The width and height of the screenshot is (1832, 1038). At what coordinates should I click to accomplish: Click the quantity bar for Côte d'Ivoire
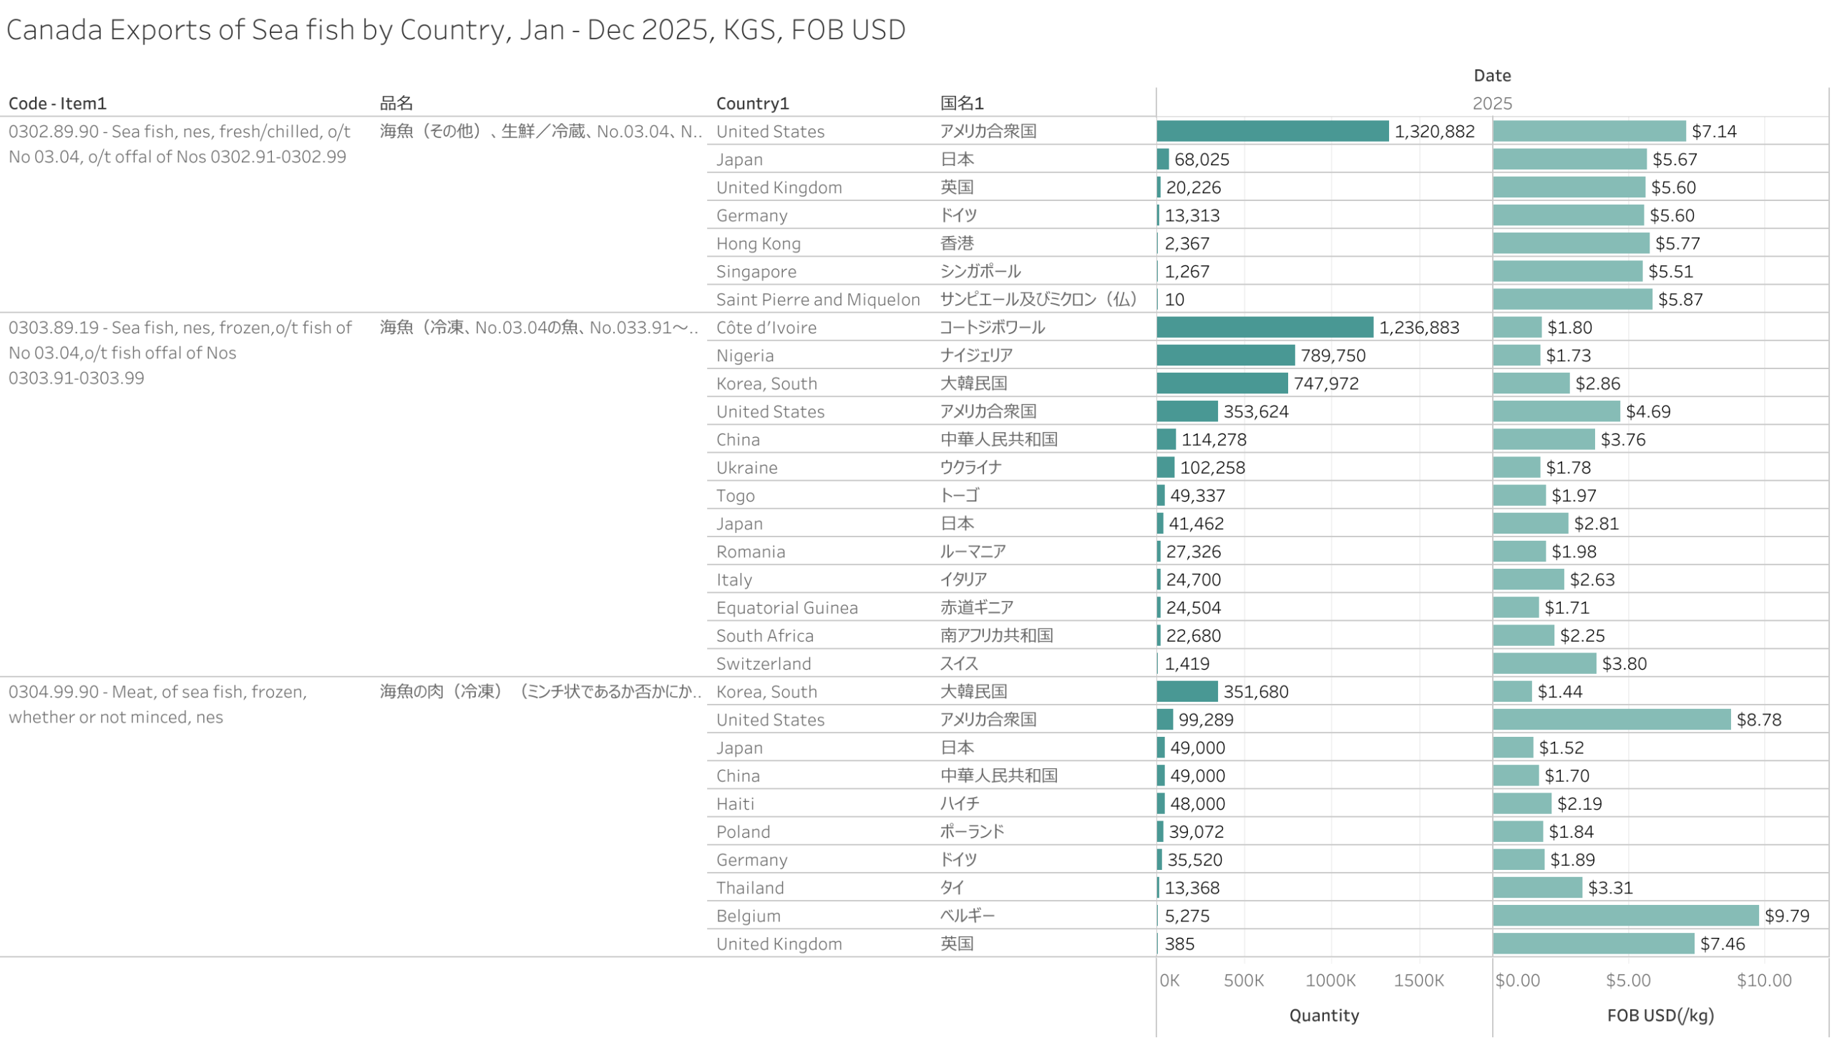click(x=1264, y=327)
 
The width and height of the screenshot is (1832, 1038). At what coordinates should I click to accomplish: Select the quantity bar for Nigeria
click(x=1225, y=355)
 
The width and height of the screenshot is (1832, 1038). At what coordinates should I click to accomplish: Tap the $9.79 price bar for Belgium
click(x=1624, y=915)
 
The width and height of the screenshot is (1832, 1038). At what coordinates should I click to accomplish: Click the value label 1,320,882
click(x=1433, y=131)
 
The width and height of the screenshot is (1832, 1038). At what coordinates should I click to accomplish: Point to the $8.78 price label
click(x=1758, y=719)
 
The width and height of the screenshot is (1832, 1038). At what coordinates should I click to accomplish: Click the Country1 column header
click(x=752, y=103)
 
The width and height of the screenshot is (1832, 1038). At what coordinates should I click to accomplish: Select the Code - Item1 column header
click(x=57, y=103)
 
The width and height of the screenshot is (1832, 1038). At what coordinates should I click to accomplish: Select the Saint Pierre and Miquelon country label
click(x=817, y=299)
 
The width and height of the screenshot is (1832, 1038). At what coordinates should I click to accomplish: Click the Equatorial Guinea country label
click(x=786, y=607)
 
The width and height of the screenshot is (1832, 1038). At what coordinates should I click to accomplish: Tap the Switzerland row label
click(x=763, y=663)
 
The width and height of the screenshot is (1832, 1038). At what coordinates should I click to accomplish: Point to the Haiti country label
click(x=735, y=803)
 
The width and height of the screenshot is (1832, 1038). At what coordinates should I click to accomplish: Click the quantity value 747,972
click(x=1325, y=383)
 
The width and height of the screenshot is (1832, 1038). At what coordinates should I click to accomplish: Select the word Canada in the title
click(x=54, y=30)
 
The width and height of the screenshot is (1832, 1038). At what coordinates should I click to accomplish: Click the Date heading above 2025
click(x=1491, y=75)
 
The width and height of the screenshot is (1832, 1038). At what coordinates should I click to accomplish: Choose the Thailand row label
click(x=749, y=887)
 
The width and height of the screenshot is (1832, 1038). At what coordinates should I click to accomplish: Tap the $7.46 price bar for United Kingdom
click(x=1592, y=943)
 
